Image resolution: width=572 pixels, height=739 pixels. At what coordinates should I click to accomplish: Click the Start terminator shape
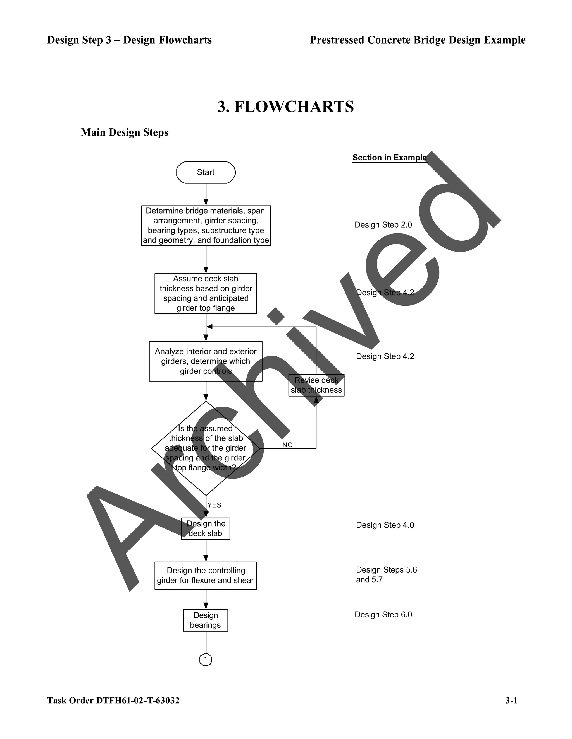click(x=206, y=173)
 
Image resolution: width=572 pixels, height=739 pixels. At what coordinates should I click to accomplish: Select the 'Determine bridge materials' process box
click(x=206, y=225)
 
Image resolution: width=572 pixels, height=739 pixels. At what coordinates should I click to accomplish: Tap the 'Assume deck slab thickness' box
click(x=206, y=293)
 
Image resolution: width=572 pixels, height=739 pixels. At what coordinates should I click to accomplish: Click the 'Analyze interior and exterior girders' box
click(x=206, y=361)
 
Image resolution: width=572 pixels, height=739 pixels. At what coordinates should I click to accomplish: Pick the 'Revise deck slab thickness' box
click(x=316, y=385)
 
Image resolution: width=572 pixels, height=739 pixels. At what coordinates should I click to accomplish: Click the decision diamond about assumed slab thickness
click(x=206, y=448)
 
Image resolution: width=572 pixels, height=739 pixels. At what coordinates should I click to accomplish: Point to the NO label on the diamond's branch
click(x=287, y=445)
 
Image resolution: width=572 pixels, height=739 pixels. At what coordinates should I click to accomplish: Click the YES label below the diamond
click(x=214, y=505)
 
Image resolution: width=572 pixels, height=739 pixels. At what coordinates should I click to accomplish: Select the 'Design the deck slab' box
click(x=206, y=528)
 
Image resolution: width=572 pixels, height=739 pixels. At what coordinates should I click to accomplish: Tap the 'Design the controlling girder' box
click(x=206, y=576)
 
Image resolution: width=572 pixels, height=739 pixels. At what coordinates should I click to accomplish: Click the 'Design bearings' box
click(x=206, y=620)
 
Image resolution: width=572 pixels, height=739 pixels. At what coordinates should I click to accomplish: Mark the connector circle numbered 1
click(x=206, y=660)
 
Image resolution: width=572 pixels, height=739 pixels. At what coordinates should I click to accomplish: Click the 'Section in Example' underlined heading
click(x=389, y=158)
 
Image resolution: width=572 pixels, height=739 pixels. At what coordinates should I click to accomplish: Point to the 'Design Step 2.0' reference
click(x=383, y=225)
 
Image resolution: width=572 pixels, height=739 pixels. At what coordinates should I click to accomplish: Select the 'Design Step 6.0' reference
click(x=383, y=614)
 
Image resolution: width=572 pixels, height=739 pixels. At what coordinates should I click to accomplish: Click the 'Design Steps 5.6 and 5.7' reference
click(x=386, y=574)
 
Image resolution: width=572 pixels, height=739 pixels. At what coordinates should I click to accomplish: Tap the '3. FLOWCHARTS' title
click(x=285, y=107)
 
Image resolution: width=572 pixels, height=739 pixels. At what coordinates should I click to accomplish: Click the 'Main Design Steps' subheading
click(x=124, y=132)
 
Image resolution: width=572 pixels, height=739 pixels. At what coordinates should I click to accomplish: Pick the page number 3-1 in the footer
click(x=511, y=701)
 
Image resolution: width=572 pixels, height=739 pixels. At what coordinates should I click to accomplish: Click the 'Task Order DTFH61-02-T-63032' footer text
click(x=113, y=701)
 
